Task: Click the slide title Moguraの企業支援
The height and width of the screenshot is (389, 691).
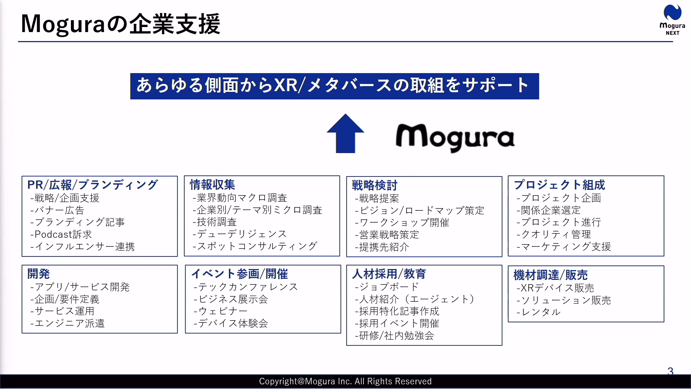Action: click(x=121, y=24)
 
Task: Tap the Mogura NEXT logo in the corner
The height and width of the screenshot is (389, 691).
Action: click(x=672, y=20)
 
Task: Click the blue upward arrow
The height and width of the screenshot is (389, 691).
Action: click(x=345, y=133)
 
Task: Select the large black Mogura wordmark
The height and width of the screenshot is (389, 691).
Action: click(x=455, y=138)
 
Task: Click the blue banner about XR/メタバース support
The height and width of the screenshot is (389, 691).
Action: click(x=335, y=86)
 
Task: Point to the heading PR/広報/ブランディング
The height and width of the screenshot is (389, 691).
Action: click(x=92, y=185)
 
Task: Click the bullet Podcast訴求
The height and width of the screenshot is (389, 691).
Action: click(x=61, y=234)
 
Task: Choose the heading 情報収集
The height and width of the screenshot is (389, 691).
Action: click(x=212, y=185)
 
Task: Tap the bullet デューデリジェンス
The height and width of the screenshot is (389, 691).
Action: click(x=240, y=234)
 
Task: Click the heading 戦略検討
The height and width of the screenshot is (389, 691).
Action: click(x=375, y=185)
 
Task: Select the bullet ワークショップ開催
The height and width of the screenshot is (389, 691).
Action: click(x=402, y=223)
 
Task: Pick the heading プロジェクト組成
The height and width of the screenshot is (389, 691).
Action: click(x=559, y=185)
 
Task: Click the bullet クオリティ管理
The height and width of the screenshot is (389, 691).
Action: click(x=554, y=234)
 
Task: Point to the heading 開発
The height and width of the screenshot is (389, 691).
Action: click(x=39, y=274)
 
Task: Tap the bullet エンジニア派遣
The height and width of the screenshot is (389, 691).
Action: click(x=68, y=323)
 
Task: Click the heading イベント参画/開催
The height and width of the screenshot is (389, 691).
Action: click(x=240, y=274)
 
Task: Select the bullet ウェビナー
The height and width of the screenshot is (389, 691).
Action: click(x=221, y=311)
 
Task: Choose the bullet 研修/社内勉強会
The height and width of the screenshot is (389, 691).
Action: click(x=394, y=336)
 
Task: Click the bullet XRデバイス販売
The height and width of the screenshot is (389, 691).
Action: click(x=555, y=288)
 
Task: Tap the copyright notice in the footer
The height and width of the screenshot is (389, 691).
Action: click(x=345, y=381)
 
